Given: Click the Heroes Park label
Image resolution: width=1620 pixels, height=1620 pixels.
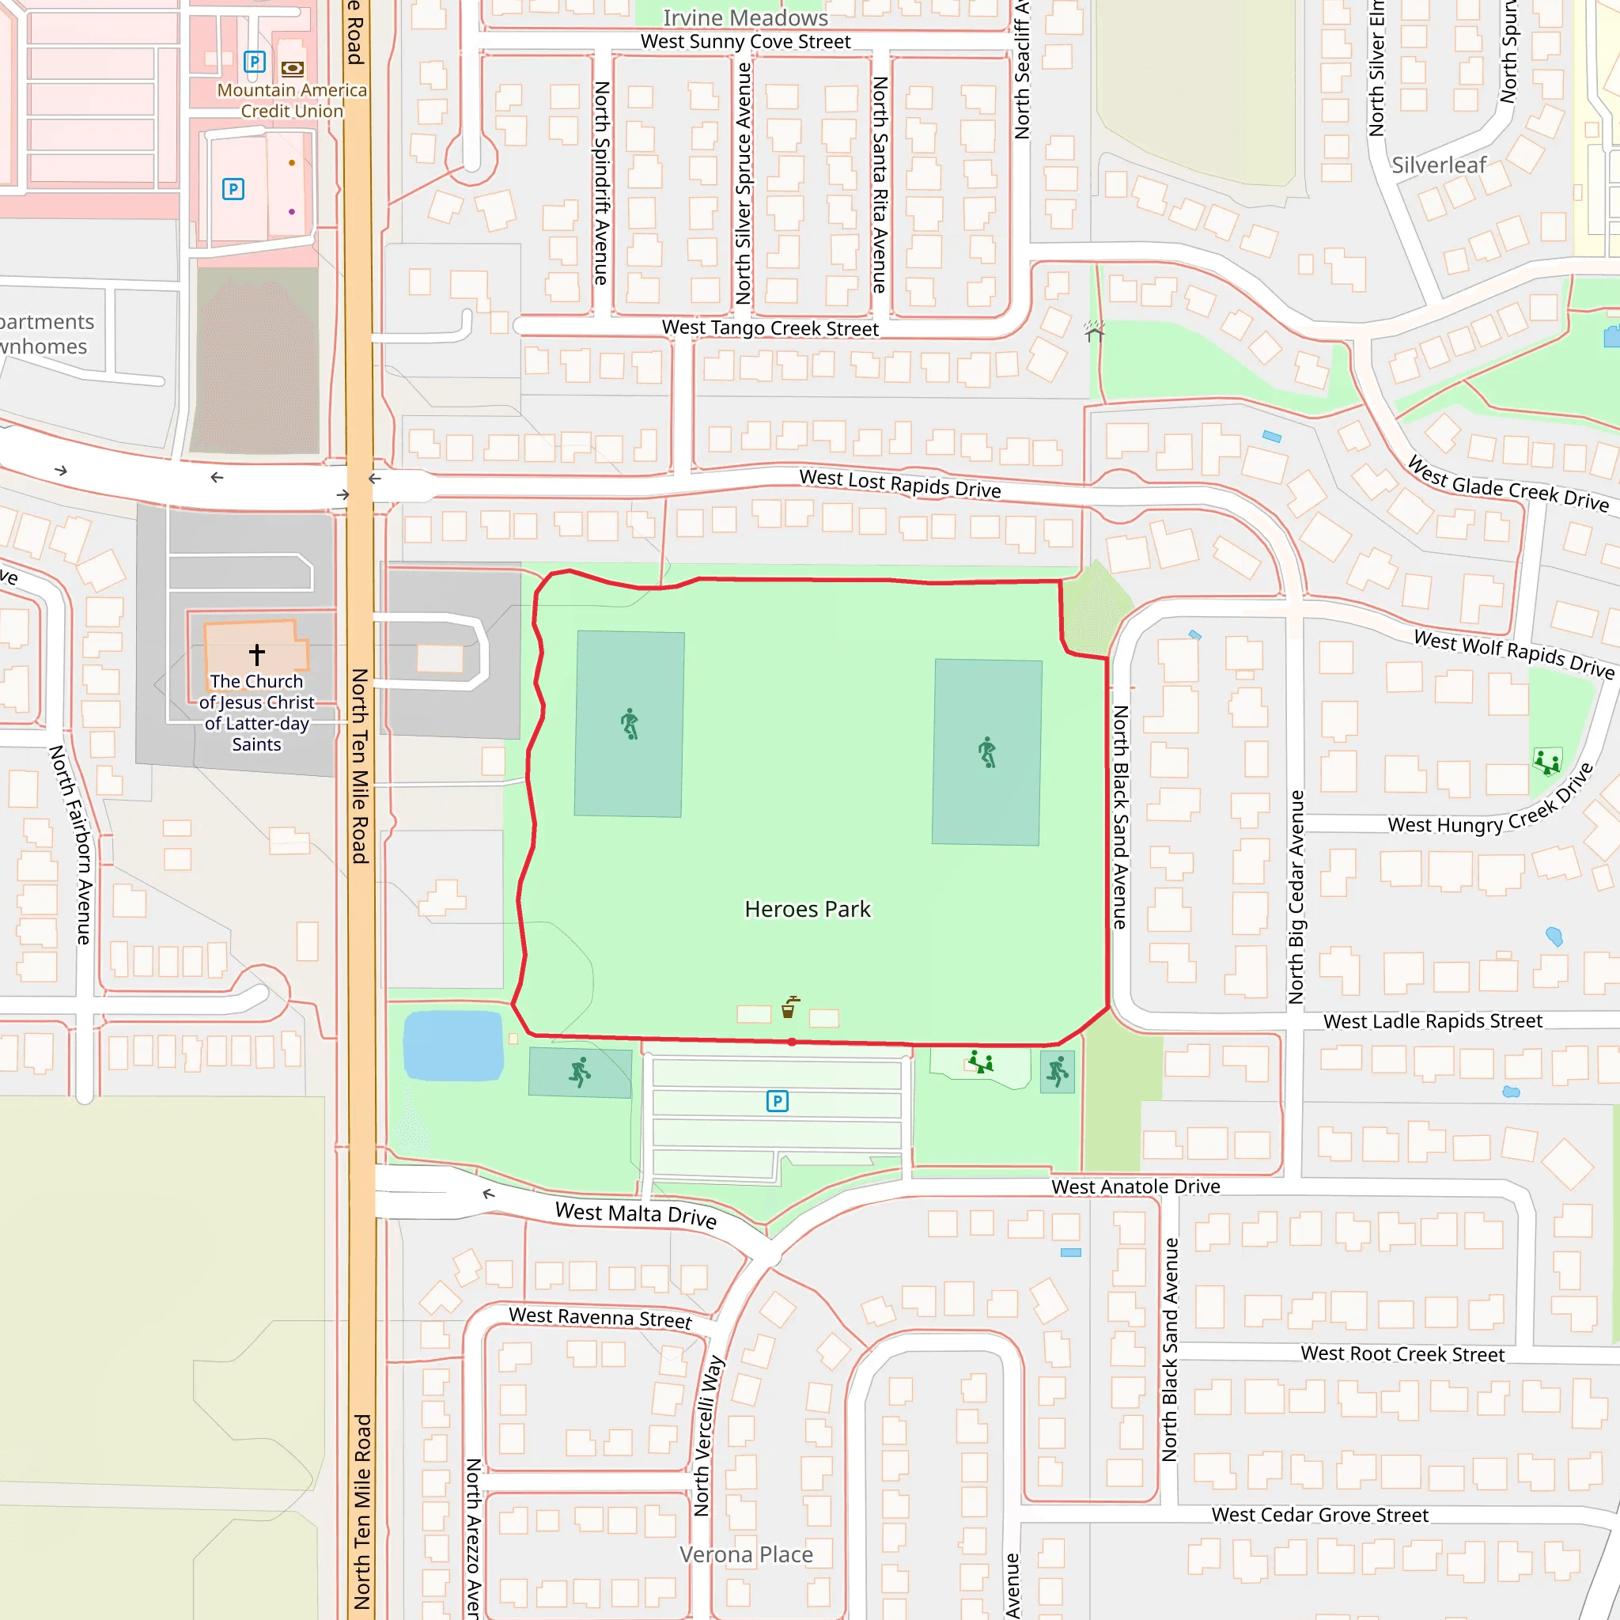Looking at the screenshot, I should click(807, 909).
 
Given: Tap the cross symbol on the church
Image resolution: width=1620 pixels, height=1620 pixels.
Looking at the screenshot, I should click(256, 654).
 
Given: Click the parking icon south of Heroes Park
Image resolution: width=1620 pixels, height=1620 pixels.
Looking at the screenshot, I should click(777, 1101).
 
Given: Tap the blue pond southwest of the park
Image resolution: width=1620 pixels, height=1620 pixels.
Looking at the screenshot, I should click(452, 1045).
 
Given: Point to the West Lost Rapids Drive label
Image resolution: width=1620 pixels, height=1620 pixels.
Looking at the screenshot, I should click(899, 484).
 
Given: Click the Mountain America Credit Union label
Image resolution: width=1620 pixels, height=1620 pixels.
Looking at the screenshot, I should click(292, 100).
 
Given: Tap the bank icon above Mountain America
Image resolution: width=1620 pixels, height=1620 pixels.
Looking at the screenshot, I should click(292, 69).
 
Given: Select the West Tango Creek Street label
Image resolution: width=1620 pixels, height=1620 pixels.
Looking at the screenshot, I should click(770, 327).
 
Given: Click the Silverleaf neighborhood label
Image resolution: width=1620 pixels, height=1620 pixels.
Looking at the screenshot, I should click(1438, 165).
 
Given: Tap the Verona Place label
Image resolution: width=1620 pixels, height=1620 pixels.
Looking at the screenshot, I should click(745, 1554).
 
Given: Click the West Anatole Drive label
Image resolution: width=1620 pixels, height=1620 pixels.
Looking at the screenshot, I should click(1135, 1187).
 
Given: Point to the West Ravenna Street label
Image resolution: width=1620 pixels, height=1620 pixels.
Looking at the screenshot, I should click(600, 1317).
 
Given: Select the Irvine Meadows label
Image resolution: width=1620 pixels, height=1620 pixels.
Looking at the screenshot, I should click(744, 17).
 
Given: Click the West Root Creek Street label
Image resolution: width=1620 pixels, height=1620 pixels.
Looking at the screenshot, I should click(1402, 1353).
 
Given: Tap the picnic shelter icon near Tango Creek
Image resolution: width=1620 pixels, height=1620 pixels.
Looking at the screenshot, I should click(1093, 331).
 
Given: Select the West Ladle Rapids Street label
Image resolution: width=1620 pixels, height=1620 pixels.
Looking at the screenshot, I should click(1433, 1021).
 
